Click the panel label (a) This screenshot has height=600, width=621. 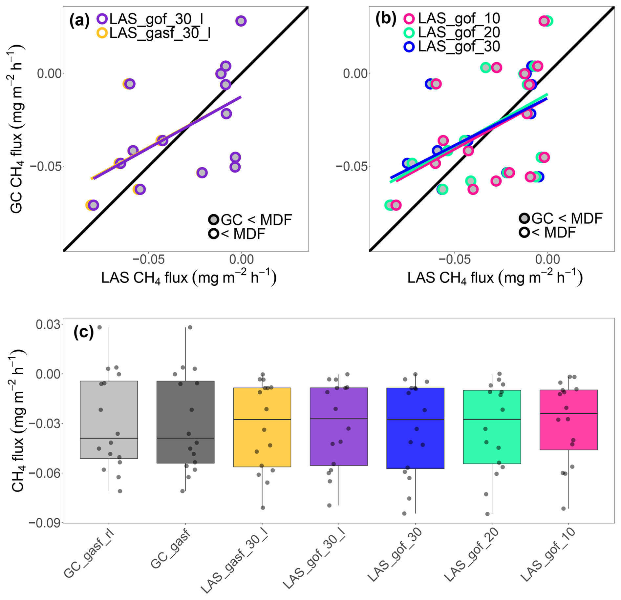coord(79,20)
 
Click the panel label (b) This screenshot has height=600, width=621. coord(385,19)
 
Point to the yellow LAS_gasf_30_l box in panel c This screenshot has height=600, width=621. coord(262,427)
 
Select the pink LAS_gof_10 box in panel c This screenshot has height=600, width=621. coord(568,420)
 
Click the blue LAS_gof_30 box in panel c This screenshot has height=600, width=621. coord(415,428)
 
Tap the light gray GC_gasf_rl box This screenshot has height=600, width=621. coord(109,420)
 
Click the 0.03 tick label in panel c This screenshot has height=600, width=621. coord(48,324)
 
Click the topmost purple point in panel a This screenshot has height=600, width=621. coord(241,21)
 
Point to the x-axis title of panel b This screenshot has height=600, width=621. coord(495,278)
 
